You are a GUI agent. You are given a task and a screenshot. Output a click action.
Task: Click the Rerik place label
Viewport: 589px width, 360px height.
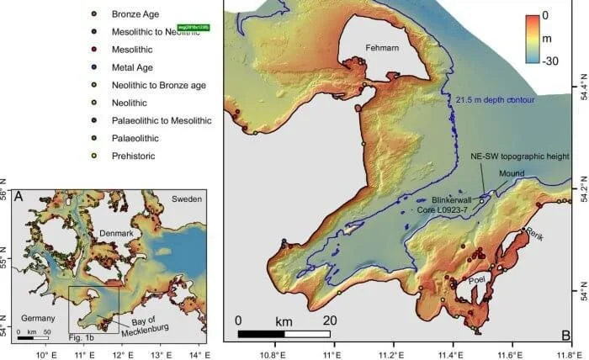point(536,236)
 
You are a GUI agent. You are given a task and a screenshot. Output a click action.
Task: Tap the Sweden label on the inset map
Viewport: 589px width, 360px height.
point(188,200)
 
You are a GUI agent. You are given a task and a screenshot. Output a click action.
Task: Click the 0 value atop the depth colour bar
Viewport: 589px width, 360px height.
point(545,15)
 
